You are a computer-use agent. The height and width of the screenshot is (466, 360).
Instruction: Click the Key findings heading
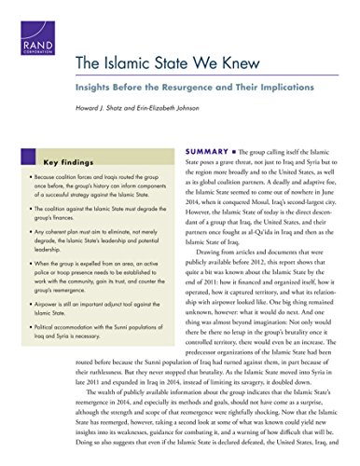click(73, 161)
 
